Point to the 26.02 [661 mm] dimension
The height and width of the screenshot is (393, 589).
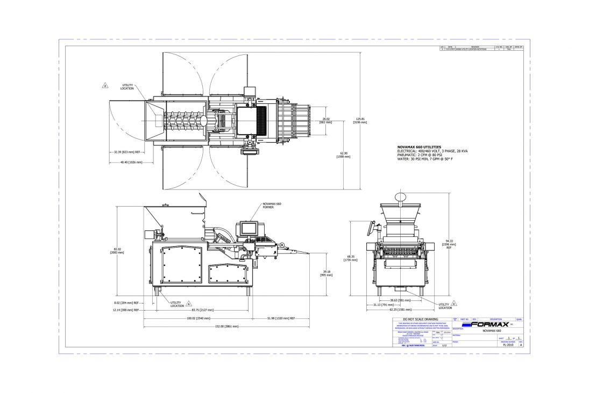tap(325, 121)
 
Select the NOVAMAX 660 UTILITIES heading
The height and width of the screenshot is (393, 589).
tap(419, 147)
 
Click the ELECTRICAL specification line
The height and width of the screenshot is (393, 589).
tap(432, 151)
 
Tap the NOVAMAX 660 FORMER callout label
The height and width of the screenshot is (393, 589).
tap(272, 206)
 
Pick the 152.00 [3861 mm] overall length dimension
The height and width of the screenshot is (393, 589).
tap(226, 326)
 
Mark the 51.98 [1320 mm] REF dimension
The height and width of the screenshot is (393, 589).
tap(281, 318)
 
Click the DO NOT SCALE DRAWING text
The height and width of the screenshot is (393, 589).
tap(424, 319)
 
